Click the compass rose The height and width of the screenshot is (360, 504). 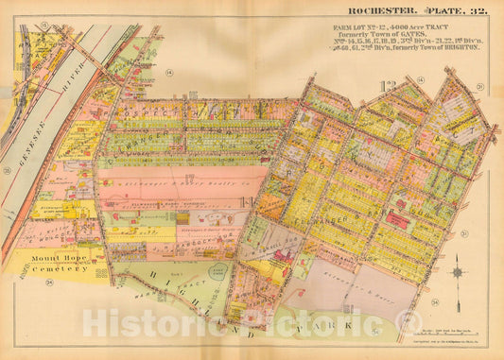click(457, 272)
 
